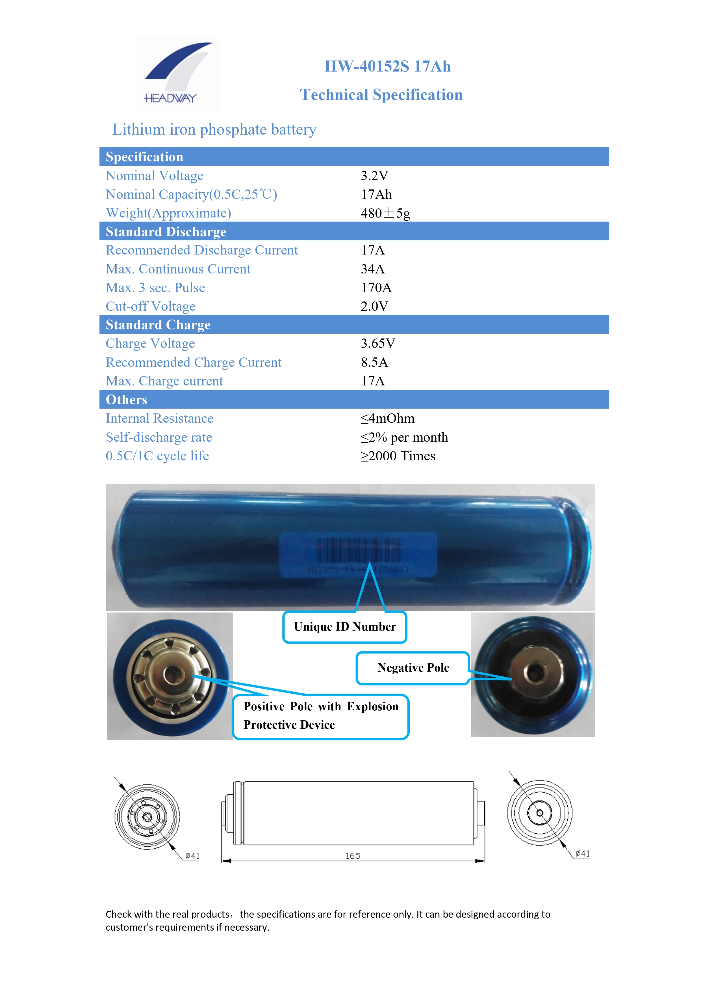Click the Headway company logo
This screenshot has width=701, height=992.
pyautogui.click(x=177, y=74)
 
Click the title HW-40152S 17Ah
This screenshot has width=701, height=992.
pyautogui.click(x=387, y=66)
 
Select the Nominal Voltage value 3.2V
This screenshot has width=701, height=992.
pyautogui.click(x=374, y=176)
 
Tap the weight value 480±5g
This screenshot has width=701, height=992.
pyautogui.click(x=385, y=213)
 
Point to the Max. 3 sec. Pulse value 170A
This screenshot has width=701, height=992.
pyautogui.click(x=376, y=288)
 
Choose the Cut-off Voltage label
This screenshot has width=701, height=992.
pyautogui.click(x=150, y=306)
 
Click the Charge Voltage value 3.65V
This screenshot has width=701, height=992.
pyautogui.click(x=378, y=344)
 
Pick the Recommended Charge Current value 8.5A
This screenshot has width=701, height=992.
pyautogui.click(x=374, y=362)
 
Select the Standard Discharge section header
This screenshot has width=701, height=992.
pyautogui.click(x=166, y=232)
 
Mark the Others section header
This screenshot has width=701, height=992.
pyautogui.click(x=127, y=400)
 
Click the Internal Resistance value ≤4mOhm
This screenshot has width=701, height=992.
pyautogui.click(x=387, y=418)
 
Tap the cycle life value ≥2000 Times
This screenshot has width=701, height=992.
pyautogui.click(x=398, y=456)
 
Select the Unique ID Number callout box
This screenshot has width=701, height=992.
pyautogui.click(x=344, y=627)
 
